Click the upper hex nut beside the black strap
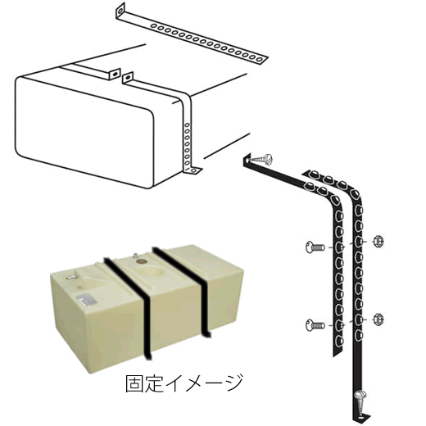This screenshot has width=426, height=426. pos(378,242)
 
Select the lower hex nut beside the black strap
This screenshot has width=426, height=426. pos(378,319)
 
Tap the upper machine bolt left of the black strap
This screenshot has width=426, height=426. pos(315,247)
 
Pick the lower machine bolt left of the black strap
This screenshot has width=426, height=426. pos(315,325)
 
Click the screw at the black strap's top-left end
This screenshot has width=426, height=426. pos(261,159)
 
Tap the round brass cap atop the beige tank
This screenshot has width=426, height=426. pos(142,261)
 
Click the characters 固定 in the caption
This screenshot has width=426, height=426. pos(144,383)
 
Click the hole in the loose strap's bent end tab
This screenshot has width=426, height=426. pos(120,11)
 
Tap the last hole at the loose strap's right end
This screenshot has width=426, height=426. pos(260,59)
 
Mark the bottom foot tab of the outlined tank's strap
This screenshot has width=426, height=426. pos(193,171)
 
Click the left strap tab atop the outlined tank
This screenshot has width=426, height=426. pos(115,74)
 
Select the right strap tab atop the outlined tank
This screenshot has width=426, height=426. pos(128,78)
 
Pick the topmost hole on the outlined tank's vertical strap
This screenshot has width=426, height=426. pos(187,125)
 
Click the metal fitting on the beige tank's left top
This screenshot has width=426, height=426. pos(71,276)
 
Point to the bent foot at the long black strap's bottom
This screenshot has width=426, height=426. pos(361,418)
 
